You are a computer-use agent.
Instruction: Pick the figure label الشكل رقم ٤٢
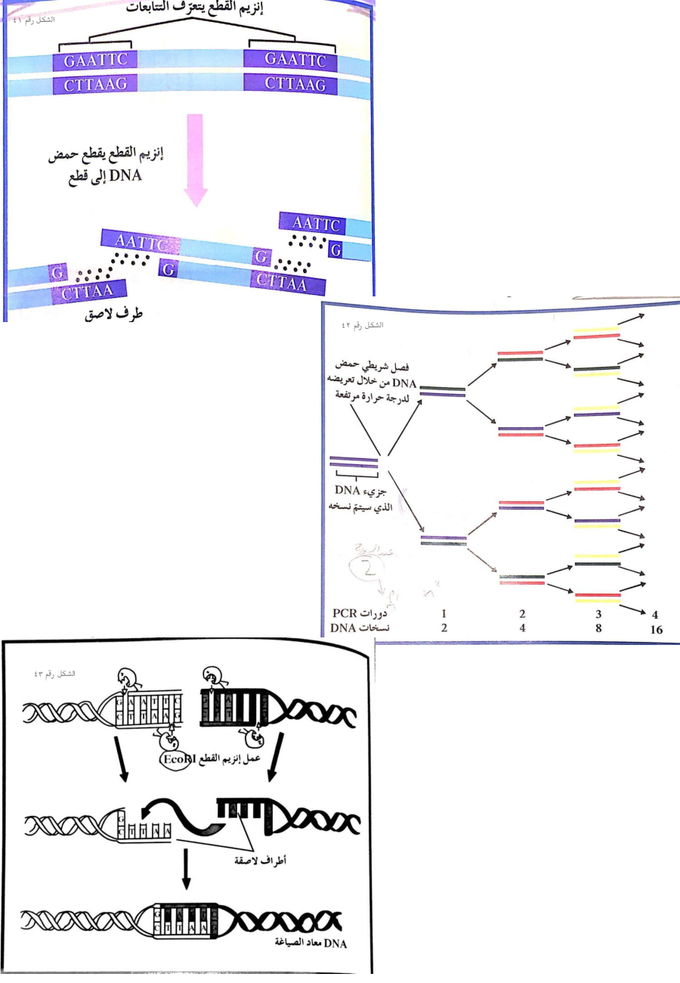pos(363,324)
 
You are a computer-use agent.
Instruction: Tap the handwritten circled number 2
pos(363,567)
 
